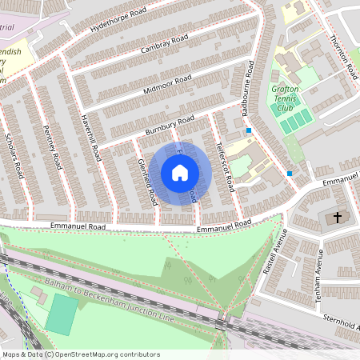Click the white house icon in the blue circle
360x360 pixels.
(x=180, y=172)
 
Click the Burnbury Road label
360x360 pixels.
(x=170, y=126)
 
